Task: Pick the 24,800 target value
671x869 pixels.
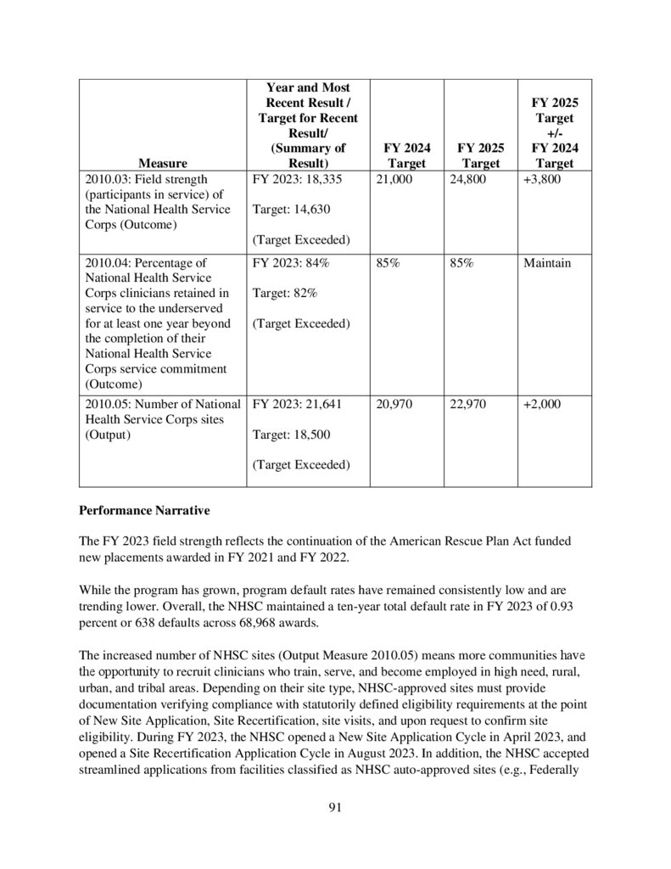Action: click(463, 179)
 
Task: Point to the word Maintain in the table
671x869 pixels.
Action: click(547, 263)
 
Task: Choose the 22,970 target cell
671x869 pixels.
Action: click(463, 405)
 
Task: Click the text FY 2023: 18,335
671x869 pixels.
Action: click(297, 179)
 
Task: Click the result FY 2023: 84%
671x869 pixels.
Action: click(291, 263)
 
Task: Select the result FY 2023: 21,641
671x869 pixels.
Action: click(297, 405)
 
